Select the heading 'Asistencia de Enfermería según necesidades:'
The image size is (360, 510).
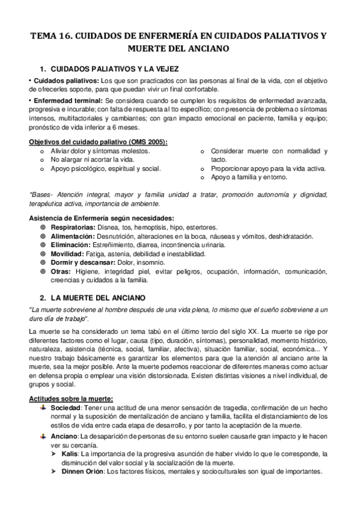point(102,218)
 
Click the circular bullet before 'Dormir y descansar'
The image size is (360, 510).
point(42,263)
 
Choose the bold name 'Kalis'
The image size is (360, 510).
point(71,453)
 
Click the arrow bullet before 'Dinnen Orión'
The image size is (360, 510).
point(54,472)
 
